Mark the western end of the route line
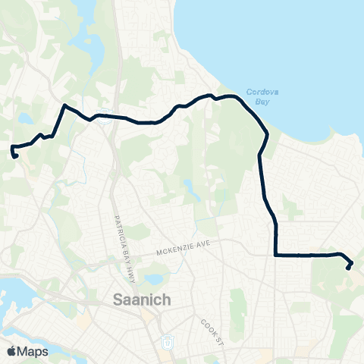point(15,156)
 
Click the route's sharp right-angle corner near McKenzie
point(275,256)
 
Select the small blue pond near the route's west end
point(25,118)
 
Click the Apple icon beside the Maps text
point(11,351)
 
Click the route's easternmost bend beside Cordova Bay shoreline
point(267,135)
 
